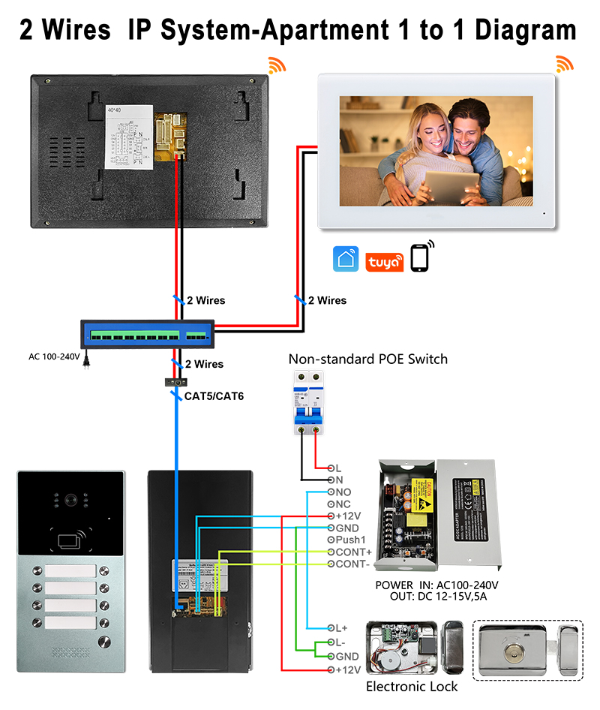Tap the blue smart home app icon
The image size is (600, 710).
coord(346,260)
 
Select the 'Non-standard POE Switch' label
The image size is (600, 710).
coord(367,360)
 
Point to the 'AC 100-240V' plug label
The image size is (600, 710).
coord(54,357)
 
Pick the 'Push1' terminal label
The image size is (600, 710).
coord(350,540)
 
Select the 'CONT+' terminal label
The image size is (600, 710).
coord(353,552)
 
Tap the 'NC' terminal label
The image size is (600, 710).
coord(343,504)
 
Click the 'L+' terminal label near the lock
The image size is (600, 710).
coord(342,627)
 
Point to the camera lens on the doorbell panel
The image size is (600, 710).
coord(71,499)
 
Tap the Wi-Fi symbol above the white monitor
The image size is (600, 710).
coord(564,64)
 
